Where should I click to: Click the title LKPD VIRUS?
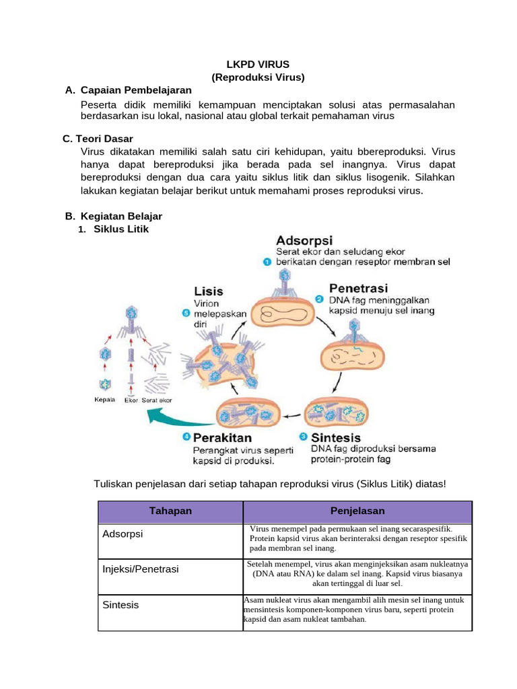click(x=258, y=65)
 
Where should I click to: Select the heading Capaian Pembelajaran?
click(x=136, y=90)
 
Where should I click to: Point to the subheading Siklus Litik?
click(x=122, y=229)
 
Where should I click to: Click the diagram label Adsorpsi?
click(x=304, y=240)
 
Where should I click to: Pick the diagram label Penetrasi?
click(x=357, y=288)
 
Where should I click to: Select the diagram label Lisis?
click(x=208, y=291)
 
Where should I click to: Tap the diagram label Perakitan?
click(x=222, y=437)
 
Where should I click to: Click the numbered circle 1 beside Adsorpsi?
click(x=267, y=262)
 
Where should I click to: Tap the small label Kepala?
click(x=104, y=400)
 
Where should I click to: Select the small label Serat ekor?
click(x=156, y=400)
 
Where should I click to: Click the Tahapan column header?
click(x=170, y=511)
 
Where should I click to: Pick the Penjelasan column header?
click(x=357, y=511)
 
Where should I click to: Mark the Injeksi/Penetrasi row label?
click(x=141, y=569)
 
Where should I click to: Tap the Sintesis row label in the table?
click(x=120, y=605)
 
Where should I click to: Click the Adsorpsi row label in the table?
click(x=123, y=534)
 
